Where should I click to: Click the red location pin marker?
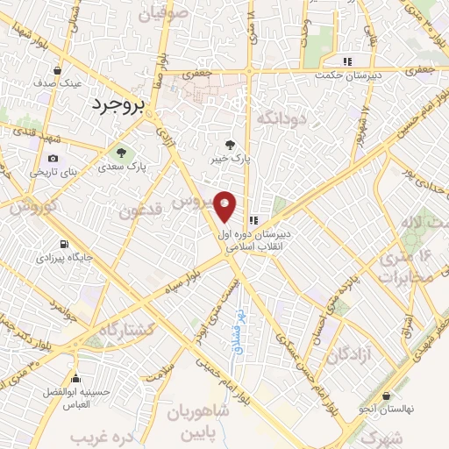(x=225, y=205)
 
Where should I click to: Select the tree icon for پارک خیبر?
(x=231, y=145)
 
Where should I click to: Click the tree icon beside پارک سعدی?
(x=120, y=152)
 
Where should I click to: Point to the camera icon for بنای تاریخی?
(x=53, y=158)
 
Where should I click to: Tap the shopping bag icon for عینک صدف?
(x=58, y=71)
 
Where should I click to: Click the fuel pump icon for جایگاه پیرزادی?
(x=62, y=245)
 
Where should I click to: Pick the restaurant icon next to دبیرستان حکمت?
(x=348, y=62)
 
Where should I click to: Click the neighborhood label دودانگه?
(x=281, y=117)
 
